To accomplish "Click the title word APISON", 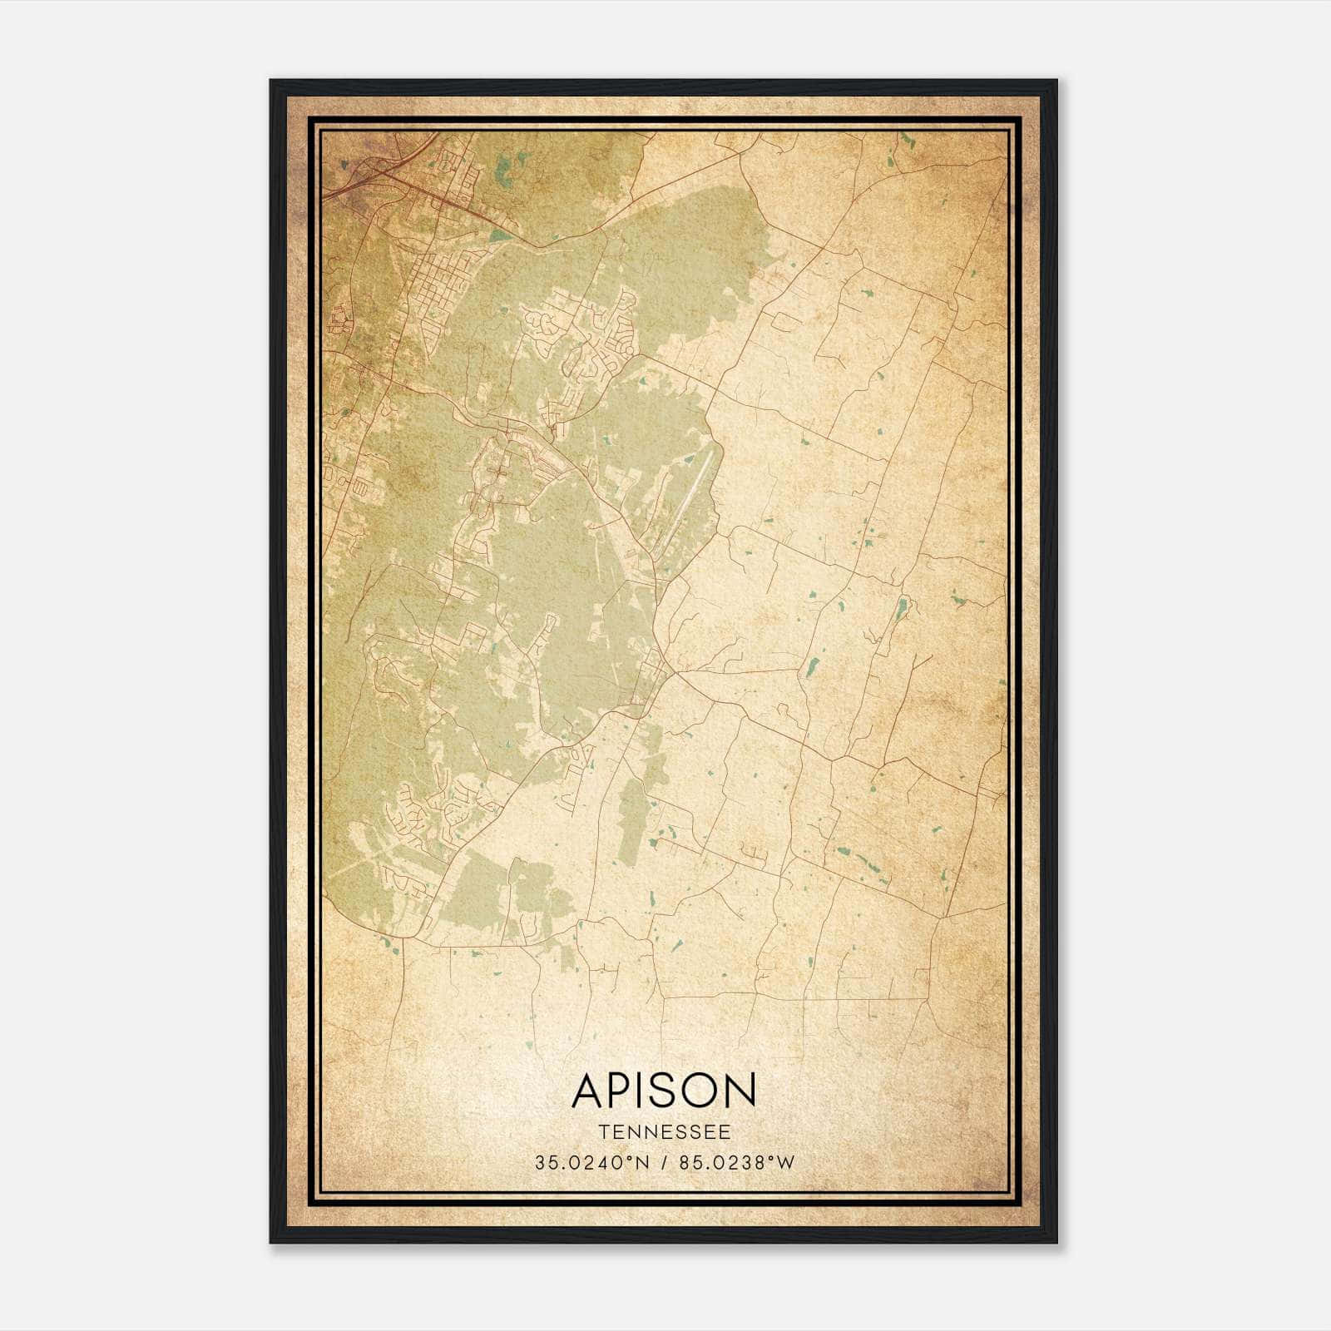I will click(664, 1090).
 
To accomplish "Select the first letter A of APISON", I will click(587, 1090).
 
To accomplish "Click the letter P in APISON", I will click(619, 1090).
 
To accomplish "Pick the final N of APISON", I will click(741, 1090).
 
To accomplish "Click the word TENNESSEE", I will click(664, 1132).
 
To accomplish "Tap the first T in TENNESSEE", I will click(602, 1132).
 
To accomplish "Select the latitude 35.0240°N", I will click(590, 1162).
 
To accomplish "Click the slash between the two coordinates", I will click(664, 1162).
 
